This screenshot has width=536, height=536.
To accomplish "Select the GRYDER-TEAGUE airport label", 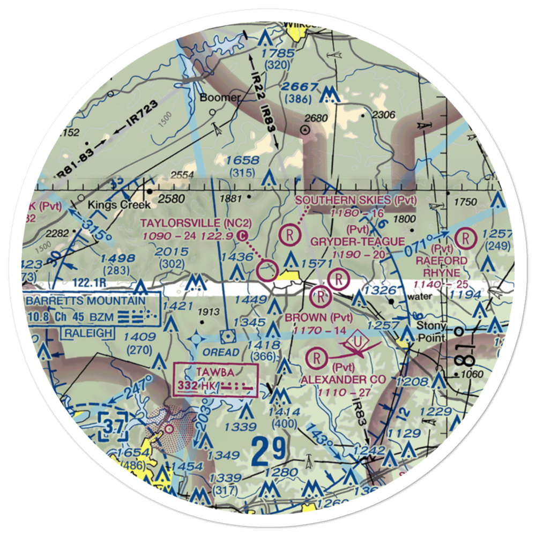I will point(358,242).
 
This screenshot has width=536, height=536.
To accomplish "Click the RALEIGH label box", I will point(90,333).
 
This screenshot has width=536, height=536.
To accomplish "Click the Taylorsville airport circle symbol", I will point(266,271).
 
